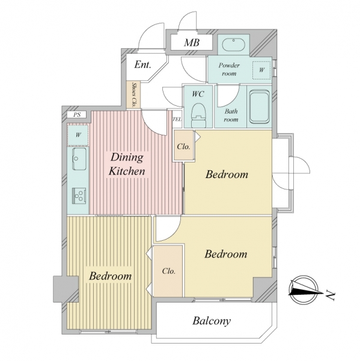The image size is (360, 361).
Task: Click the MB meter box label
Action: click(191, 42)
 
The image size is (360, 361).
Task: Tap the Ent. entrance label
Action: click(142, 65)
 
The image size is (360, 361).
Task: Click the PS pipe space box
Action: click(77, 114)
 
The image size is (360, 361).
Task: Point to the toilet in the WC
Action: click(198, 115)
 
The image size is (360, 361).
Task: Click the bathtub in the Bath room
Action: click(260, 106)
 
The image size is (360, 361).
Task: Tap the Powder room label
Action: click(229, 69)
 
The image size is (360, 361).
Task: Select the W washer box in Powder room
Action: click(261, 70)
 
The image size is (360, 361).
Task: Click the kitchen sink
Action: click(79, 159)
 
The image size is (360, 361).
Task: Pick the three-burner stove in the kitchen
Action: click(79, 196)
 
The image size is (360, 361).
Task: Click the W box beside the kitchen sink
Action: click(78, 135)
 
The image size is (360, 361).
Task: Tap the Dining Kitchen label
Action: click(127, 164)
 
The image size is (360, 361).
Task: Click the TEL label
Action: click(177, 119)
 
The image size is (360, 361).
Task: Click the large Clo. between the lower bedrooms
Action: click(168, 271)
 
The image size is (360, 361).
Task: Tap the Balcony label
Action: click(212, 321)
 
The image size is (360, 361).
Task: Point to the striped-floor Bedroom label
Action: click(110, 276)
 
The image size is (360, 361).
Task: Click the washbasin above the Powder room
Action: click(233, 45)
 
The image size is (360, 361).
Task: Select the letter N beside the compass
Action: click(331, 296)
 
